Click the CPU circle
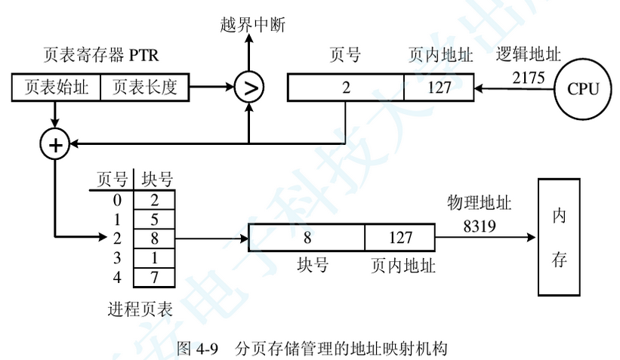click(x=583, y=88)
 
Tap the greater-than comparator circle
click(x=248, y=88)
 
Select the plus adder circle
click(x=55, y=143)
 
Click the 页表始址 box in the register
click(x=57, y=88)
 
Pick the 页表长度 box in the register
click(x=144, y=88)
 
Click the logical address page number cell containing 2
click(x=346, y=88)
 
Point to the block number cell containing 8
click(x=307, y=238)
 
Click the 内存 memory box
click(x=560, y=238)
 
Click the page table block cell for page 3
click(x=154, y=258)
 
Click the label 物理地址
click(x=480, y=204)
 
